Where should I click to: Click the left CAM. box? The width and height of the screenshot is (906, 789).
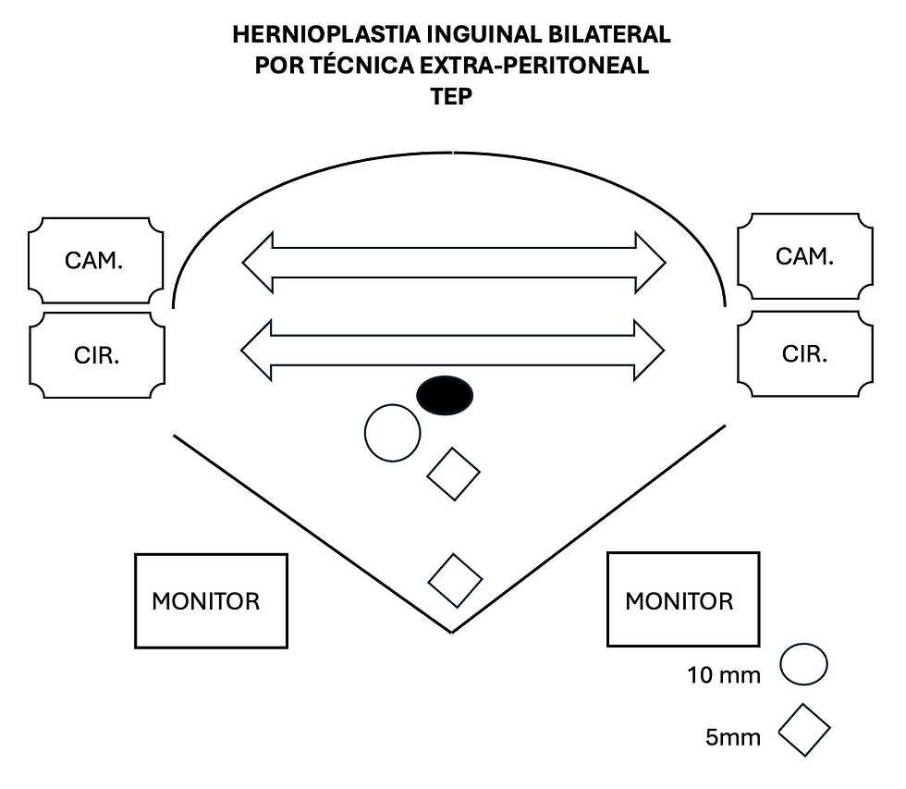coord(96,261)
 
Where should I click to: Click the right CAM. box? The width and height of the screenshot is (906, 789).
coord(804,256)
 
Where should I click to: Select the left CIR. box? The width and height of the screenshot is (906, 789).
coord(96,355)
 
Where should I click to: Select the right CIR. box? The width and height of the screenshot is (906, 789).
coord(804,353)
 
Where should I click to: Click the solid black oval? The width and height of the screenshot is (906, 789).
coord(445,395)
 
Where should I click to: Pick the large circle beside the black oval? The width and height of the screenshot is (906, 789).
coord(393,433)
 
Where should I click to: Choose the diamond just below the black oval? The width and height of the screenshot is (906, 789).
coord(453,474)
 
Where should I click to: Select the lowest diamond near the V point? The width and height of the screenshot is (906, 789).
coord(455,581)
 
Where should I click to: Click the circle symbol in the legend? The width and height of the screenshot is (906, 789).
coord(803,665)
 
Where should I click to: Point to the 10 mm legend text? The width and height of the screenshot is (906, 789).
coord(724,675)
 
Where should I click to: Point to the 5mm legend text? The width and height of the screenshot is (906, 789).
coord(733,737)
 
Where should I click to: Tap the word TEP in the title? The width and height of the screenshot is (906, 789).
coord(451,96)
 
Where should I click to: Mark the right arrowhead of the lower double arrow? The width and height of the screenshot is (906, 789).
coord(649,350)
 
